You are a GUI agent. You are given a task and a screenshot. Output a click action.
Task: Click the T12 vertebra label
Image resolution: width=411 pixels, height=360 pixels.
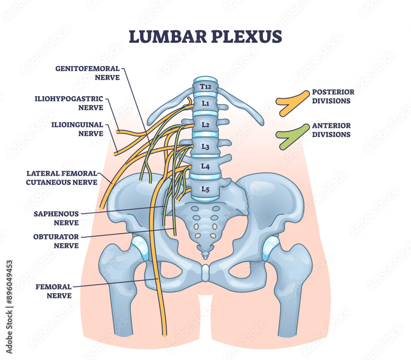(205, 87)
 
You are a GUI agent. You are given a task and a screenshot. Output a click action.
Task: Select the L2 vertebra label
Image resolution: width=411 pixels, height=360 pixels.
(205, 124)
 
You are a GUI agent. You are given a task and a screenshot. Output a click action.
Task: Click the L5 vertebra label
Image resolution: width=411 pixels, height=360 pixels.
(205, 189)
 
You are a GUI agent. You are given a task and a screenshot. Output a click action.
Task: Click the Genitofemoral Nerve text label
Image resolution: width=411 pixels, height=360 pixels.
(88, 72)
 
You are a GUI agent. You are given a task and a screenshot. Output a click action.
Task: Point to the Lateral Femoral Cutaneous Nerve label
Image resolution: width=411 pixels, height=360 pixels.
(62, 177)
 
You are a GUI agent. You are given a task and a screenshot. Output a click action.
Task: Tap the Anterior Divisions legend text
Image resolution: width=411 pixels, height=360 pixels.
(331, 130)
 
